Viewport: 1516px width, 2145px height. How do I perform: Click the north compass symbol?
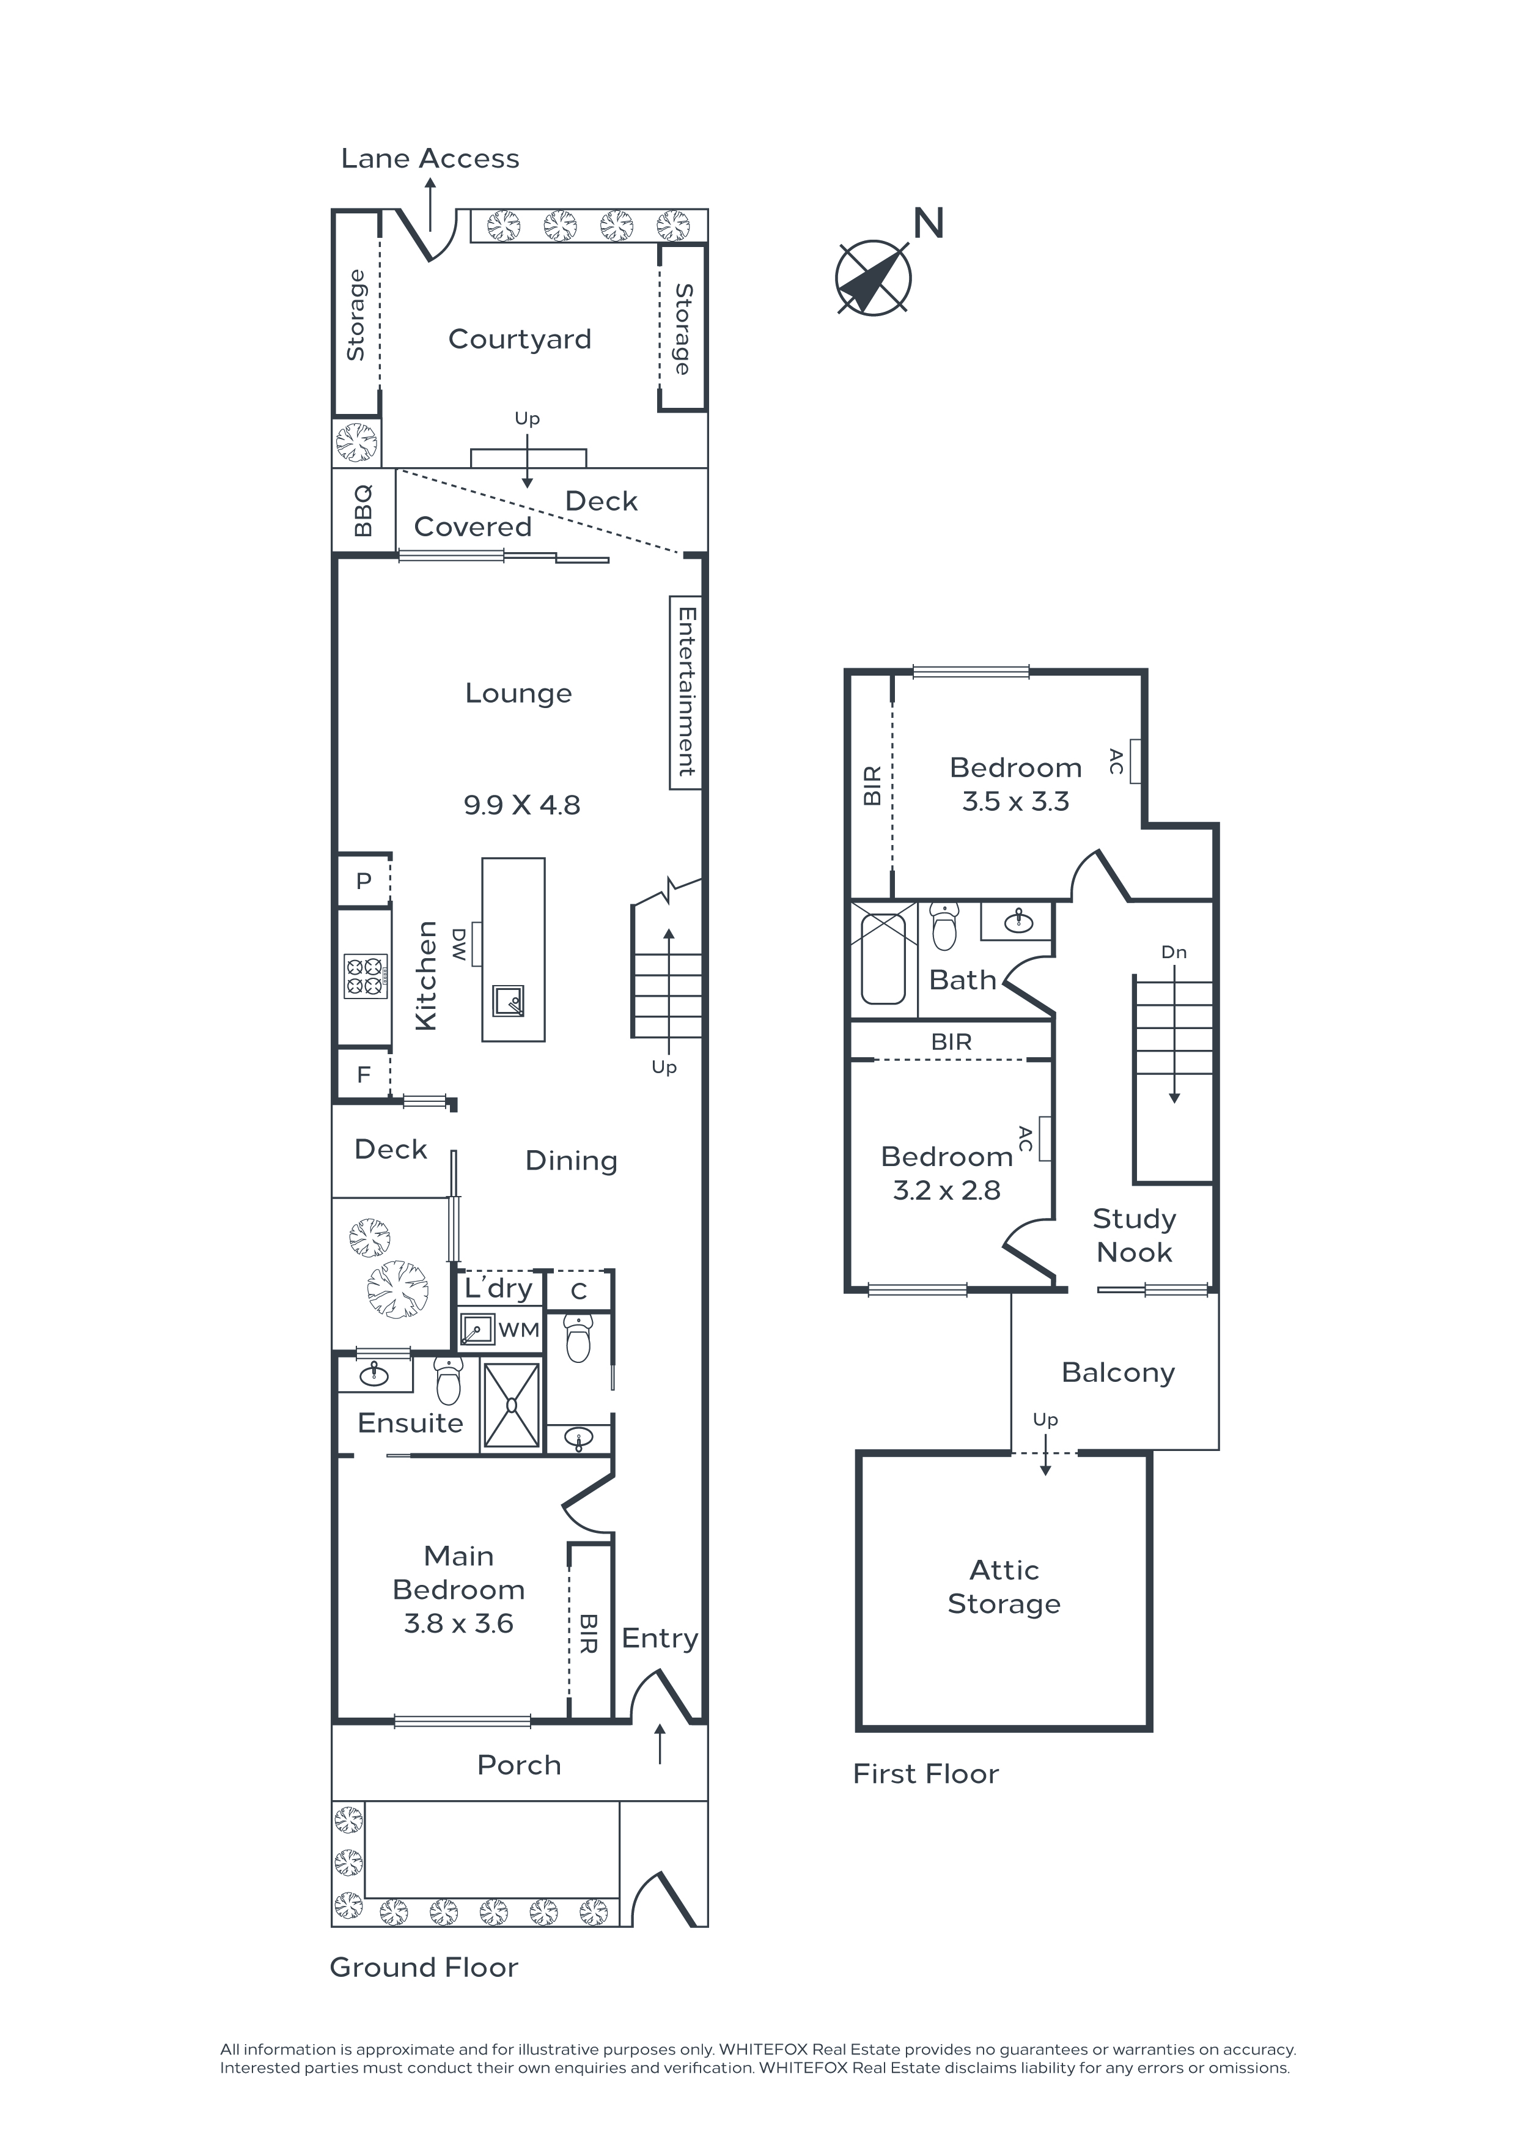point(874,278)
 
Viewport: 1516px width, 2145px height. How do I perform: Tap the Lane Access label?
point(430,159)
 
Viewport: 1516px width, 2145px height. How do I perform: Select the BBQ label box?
point(363,510)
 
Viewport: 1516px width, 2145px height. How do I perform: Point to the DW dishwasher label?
point(460,945)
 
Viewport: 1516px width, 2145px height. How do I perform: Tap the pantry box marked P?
point(363,880)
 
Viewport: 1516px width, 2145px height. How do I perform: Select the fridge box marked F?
point(363,1074)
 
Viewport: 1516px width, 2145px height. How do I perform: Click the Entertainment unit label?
point(686,692)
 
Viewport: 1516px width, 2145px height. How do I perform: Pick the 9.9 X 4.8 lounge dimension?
point(522,805)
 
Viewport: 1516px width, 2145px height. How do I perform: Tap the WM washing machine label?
point(518,1329)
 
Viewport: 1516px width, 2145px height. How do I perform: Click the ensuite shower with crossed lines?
point(511,1405)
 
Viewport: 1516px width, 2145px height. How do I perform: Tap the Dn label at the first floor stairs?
point(1174,952)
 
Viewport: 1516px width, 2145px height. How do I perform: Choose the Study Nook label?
point(1134,1235)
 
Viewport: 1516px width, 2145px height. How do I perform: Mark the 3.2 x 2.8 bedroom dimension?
point(946,1191)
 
